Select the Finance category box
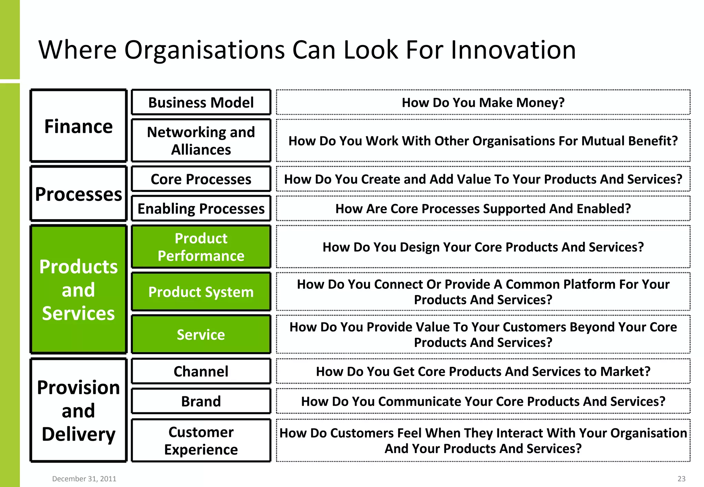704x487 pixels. tap(79, 126)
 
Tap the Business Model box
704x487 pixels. tap(201, 102)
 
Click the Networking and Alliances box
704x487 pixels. tap(201, 140)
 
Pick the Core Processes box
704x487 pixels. tap(201, 179)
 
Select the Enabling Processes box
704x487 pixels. tap(201, 208)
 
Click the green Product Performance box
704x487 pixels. tap(201, 247)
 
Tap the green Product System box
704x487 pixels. tap(201, 292)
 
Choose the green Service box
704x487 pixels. tap(201, 334)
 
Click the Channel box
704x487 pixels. tap(201, 371)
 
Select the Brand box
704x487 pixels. tap(201, 401)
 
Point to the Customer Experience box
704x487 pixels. tap(201, 440)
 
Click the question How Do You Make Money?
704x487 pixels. tap(483, 102)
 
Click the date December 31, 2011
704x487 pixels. tap(84, 479)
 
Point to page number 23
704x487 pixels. tap(681, 479)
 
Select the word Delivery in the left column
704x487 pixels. tap(79, 434)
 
